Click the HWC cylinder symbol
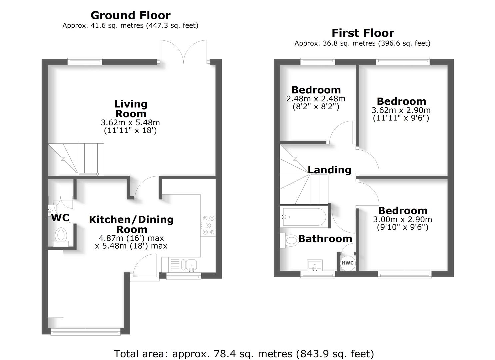tap(347, 263)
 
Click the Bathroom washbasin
tap(315, 265)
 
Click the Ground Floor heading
tap(130, 15)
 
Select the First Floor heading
tap(363, 33)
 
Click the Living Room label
tap(131, 109)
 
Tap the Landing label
tap(329, 170)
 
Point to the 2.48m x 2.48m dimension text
tap(316, 99)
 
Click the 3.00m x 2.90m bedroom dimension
tap(402, 220)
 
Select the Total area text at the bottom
tap(244, 353)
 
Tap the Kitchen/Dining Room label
tap(131, 224)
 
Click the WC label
tap(60, 218)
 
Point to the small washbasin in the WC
tap(52, 210)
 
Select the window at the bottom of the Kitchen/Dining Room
tap(85, 331)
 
